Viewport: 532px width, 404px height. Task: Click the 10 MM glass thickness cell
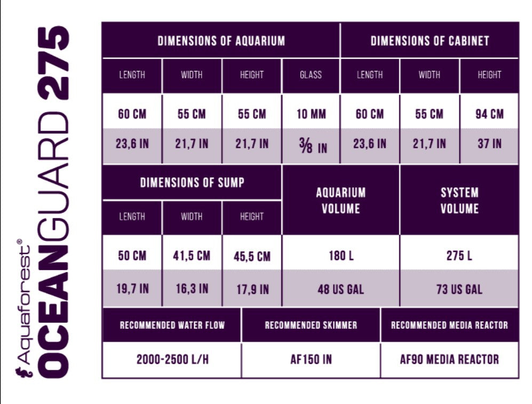point(311,114)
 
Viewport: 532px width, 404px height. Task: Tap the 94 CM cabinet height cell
point(489,114)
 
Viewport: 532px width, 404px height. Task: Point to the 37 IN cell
point(489,144)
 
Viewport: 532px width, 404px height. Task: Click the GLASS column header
point(311,75)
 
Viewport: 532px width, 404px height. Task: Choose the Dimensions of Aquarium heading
point(220,41)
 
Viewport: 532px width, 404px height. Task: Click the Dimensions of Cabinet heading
point(430,41)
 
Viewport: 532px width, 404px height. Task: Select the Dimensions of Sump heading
point(192,183)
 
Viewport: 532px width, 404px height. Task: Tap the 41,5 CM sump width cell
point(192,256)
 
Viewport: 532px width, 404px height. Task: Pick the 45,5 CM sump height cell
point(251,257)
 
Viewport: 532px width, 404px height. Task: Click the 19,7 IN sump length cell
point(132,289)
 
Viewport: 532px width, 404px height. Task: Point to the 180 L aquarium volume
point(340,256)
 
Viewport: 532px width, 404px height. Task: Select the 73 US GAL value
point(459,289)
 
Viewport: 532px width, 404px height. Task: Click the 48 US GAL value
point(340,289)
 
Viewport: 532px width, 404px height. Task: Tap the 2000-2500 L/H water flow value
point(172,359)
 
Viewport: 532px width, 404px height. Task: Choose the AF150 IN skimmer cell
point(311,359)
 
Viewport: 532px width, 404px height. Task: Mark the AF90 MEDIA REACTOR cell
point(449,359)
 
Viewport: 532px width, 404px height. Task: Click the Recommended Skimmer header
point(311,325)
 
